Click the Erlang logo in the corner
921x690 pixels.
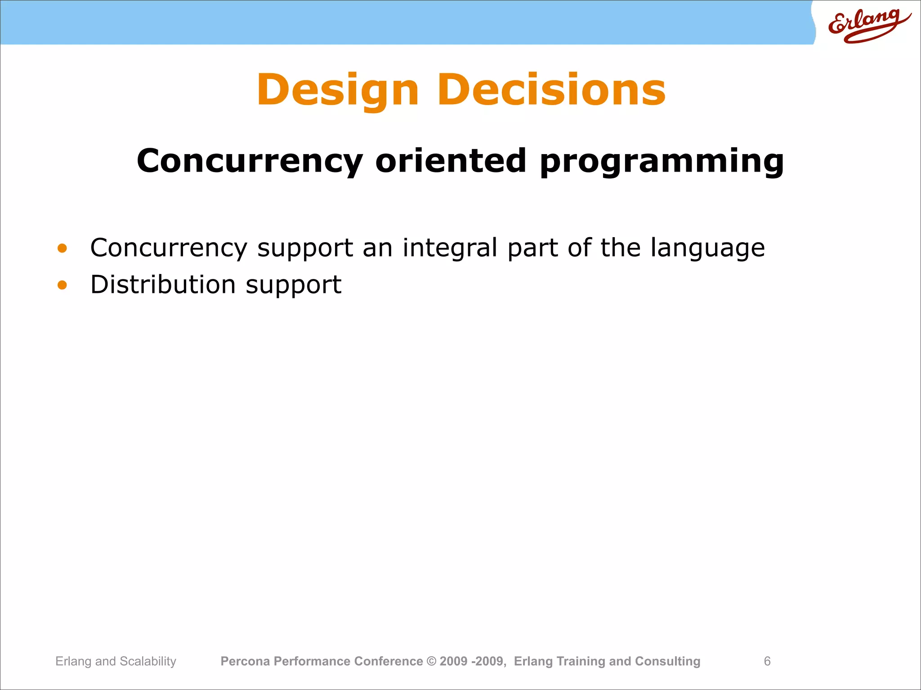point(868,25)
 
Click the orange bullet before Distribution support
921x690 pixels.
point(62,285)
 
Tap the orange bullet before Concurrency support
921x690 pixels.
point(62,248)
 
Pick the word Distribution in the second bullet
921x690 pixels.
point(163,285)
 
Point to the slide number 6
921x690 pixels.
point(767,661)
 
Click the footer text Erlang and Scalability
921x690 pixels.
point(116,661)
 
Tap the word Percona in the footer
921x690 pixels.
point(245,661)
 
